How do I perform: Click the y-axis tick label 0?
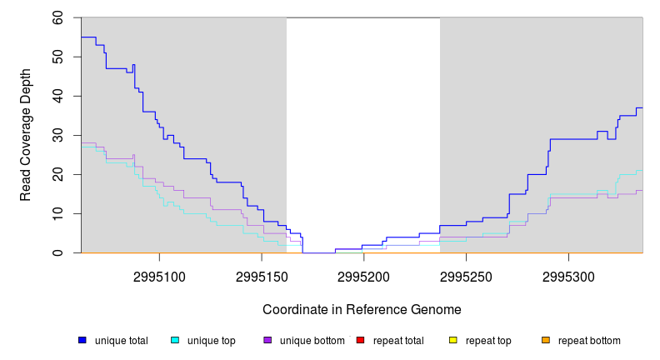click(60, 252)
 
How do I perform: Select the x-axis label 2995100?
click(159, 276)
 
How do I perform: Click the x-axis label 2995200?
click(363, 276)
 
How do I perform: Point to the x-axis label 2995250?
click(466, 276)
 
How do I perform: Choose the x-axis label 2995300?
click(568, 276)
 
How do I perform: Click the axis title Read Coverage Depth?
click(26, 135)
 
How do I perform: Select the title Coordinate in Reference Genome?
click(362, 309)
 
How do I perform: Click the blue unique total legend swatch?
click(82, 340)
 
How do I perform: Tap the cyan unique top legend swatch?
click(175, 340)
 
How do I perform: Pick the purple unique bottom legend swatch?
click(267, 340)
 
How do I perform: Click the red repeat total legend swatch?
click(360, 340)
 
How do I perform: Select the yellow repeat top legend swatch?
click(453, 340)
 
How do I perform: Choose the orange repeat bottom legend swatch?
click(546, 340)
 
